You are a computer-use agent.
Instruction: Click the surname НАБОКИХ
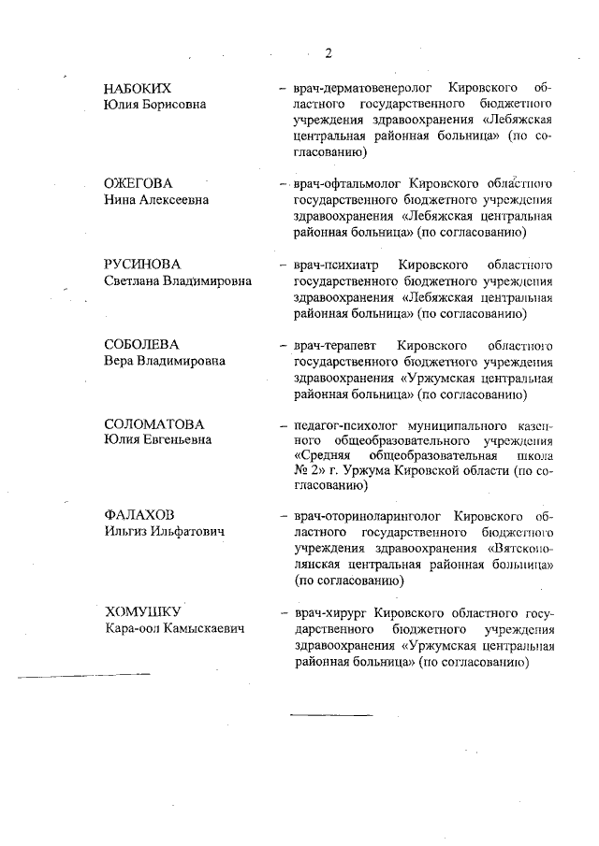point(139,88)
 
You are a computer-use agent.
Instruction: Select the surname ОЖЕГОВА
point(139,182)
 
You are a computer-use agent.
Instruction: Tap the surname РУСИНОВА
point(141,264)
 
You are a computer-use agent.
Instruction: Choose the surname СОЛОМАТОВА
point(153,424)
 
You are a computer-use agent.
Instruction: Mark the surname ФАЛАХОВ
point(139,515)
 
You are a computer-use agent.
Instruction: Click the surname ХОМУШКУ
point(141,612)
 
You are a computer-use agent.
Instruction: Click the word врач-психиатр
point(332,264)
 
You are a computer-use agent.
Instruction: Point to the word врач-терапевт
point(331,344)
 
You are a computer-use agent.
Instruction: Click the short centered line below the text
point(330,715)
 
